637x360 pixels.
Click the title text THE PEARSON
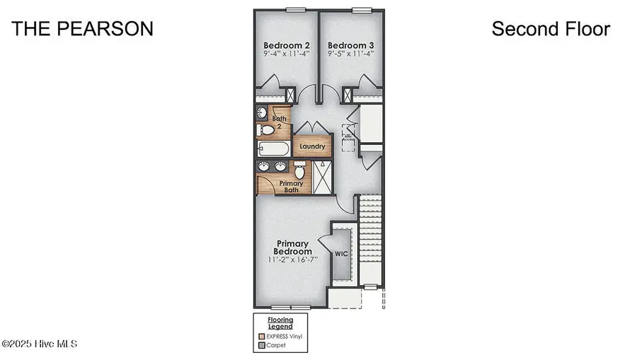pos(83,29)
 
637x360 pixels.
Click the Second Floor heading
pos(550,29)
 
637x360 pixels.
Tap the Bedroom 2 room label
pos(287,46)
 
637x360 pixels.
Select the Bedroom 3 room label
pos(350,46)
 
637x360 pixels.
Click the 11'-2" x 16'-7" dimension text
pos(294,260)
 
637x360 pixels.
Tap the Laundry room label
pos(312,147)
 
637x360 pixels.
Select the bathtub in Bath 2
pos(274,149)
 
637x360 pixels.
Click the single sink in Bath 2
pos(262,112)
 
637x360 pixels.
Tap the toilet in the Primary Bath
pos(299,170)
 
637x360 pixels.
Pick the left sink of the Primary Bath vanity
pos(265,167)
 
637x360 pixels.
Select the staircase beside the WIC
pos(369,233)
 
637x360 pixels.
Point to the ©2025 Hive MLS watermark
pos(40,344)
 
